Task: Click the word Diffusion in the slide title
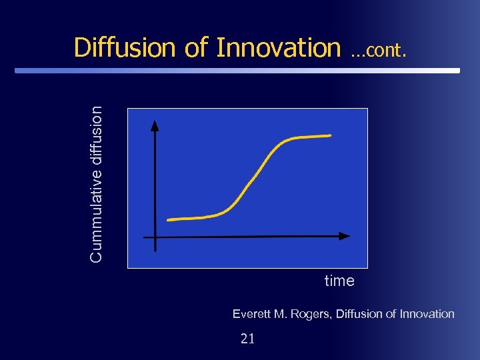125,47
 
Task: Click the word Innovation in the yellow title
278,47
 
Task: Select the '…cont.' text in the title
378,49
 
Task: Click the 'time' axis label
339,281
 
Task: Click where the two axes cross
155,237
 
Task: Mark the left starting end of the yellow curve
169,219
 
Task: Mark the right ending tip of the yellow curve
330,135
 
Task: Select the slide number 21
247,339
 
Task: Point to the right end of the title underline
458,70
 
